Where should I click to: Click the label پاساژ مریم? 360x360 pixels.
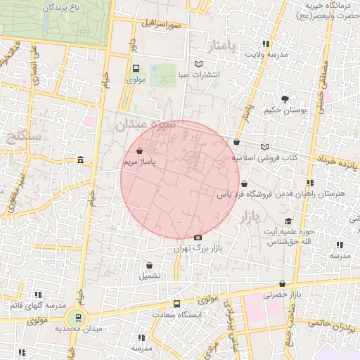(139, 162)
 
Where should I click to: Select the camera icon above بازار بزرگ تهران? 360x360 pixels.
(197, 238)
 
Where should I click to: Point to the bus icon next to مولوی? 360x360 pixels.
(136, 69)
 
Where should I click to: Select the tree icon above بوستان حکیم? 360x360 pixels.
(285, 99)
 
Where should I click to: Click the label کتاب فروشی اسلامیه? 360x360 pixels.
(265, 158)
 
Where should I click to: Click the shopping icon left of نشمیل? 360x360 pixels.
(149, 266)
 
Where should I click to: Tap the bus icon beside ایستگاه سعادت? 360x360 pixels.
(176, 304)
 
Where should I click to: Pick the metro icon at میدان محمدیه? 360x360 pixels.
(78, 318)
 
